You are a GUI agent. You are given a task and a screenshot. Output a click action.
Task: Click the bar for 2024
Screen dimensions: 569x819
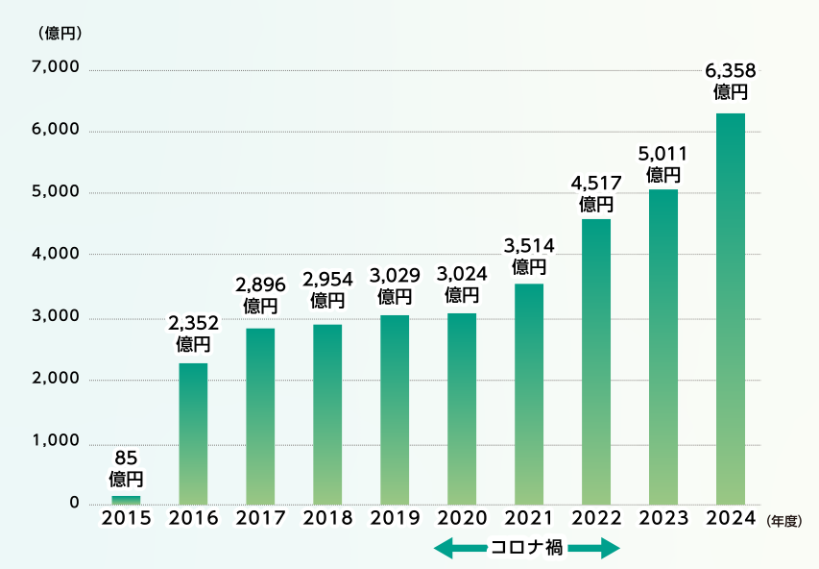[731, 308]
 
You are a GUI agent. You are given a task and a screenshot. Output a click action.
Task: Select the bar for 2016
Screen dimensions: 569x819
[193, 433]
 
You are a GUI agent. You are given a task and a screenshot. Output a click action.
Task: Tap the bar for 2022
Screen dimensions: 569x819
[596, 361]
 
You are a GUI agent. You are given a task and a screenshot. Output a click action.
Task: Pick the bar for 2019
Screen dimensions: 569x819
[395, 408]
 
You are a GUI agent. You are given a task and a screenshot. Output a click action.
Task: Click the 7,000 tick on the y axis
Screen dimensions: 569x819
[56, 68]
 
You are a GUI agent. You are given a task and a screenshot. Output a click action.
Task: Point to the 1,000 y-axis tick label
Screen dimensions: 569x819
[56, 442]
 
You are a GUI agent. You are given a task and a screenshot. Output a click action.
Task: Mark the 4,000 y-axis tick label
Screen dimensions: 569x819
[56, 255]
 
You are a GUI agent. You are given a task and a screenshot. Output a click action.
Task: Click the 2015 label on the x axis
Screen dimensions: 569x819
[126, 518]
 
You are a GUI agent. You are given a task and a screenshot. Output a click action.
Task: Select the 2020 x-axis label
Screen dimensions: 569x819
[462, 518]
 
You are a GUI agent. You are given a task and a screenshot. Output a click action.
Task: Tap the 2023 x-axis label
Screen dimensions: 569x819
[663, 518]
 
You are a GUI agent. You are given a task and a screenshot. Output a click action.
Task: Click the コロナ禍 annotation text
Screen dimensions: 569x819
[527, 549]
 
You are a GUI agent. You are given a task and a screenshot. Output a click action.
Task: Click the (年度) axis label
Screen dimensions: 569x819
[784, 520]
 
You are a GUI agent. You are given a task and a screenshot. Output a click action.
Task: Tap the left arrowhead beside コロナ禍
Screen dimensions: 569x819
[442, 549]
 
